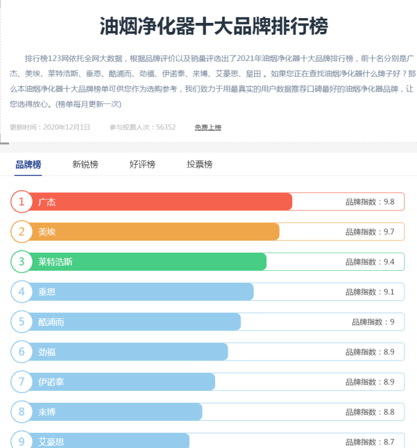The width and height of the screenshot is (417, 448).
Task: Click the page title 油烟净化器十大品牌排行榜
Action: (214, 27)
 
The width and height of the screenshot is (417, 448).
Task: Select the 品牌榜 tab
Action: (28, 164)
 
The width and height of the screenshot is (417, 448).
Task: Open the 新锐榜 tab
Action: (85, 164)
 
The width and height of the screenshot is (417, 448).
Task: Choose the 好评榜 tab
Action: (142, 164)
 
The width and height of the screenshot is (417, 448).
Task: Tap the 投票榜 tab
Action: (199, 164)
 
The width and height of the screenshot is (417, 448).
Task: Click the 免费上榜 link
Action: (208, 127)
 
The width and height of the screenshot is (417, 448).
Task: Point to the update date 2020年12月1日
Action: (67, 127)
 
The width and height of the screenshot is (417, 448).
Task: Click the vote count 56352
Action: (166, 127)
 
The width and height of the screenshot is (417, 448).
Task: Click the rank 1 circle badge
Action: (22, 201)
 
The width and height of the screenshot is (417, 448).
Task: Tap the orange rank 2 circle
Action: (22, 232)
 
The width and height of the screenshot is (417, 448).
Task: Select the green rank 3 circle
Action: (22, 262)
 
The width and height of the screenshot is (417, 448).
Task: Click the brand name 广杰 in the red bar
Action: (47, 202)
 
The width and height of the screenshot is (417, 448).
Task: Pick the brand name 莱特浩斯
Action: (55, 262)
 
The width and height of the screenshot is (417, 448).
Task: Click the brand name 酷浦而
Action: (51, 322)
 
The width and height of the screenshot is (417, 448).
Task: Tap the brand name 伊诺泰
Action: (51, 382)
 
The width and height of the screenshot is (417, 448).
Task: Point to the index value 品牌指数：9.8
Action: (369, 202)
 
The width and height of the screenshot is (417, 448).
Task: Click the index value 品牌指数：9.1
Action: (369, 292)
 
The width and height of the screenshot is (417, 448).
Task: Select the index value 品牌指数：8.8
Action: (369, 412)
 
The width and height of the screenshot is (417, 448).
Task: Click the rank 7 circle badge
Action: (22, 382)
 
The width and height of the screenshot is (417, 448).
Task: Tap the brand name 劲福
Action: (47, 352)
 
